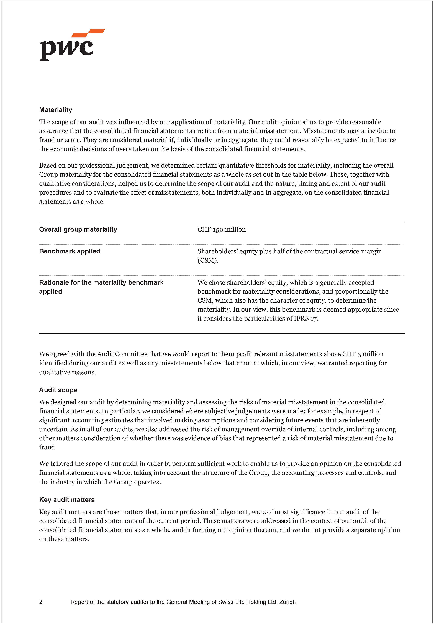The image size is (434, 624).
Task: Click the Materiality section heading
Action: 55,110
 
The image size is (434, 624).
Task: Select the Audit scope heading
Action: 58,390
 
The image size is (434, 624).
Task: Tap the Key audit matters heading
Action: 67,500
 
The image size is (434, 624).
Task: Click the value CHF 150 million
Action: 221,229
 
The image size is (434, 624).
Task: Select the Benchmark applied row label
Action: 70,251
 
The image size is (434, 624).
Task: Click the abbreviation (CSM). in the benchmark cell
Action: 208,260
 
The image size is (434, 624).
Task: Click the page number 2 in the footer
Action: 41,602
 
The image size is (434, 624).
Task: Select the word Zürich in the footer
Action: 287,602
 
